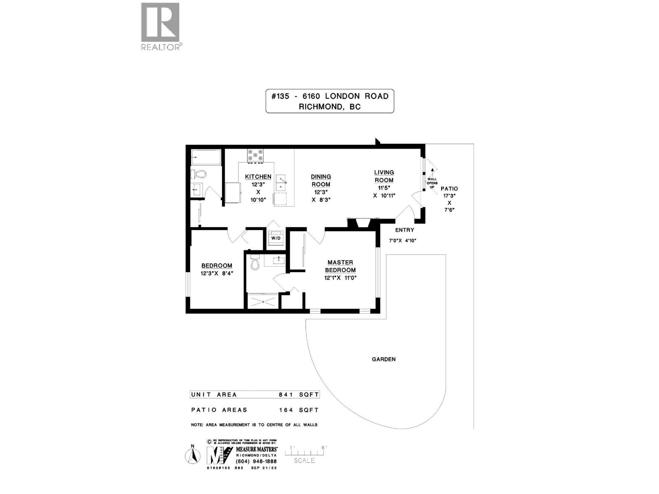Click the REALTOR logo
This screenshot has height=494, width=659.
(x=160, y=26)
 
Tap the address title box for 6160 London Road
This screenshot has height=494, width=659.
(x=329, y=101)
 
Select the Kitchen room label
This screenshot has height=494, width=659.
(x=258, y=177)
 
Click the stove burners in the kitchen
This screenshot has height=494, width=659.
(x=255, y=156)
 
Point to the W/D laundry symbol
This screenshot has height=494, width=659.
(x=276, y=238)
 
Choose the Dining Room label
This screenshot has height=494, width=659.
(x=321, y=180)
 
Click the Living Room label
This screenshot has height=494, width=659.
(x=384, y=176)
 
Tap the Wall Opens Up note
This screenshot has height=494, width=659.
(x=432, y=183)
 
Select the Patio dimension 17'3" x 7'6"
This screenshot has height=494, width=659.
(x=449, y=199)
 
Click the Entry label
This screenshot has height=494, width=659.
(x=404, y=230)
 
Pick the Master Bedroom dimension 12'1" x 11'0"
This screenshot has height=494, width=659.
(x=340, y=278)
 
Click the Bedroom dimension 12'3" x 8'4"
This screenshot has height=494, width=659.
(x=217, y=273)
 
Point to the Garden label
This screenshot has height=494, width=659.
(x=383, y=359)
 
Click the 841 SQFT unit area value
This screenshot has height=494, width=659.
(x=299, y=395)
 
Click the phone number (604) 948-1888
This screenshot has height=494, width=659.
(x=256, y=461)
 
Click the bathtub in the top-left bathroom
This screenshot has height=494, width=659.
(x=206, y=157)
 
